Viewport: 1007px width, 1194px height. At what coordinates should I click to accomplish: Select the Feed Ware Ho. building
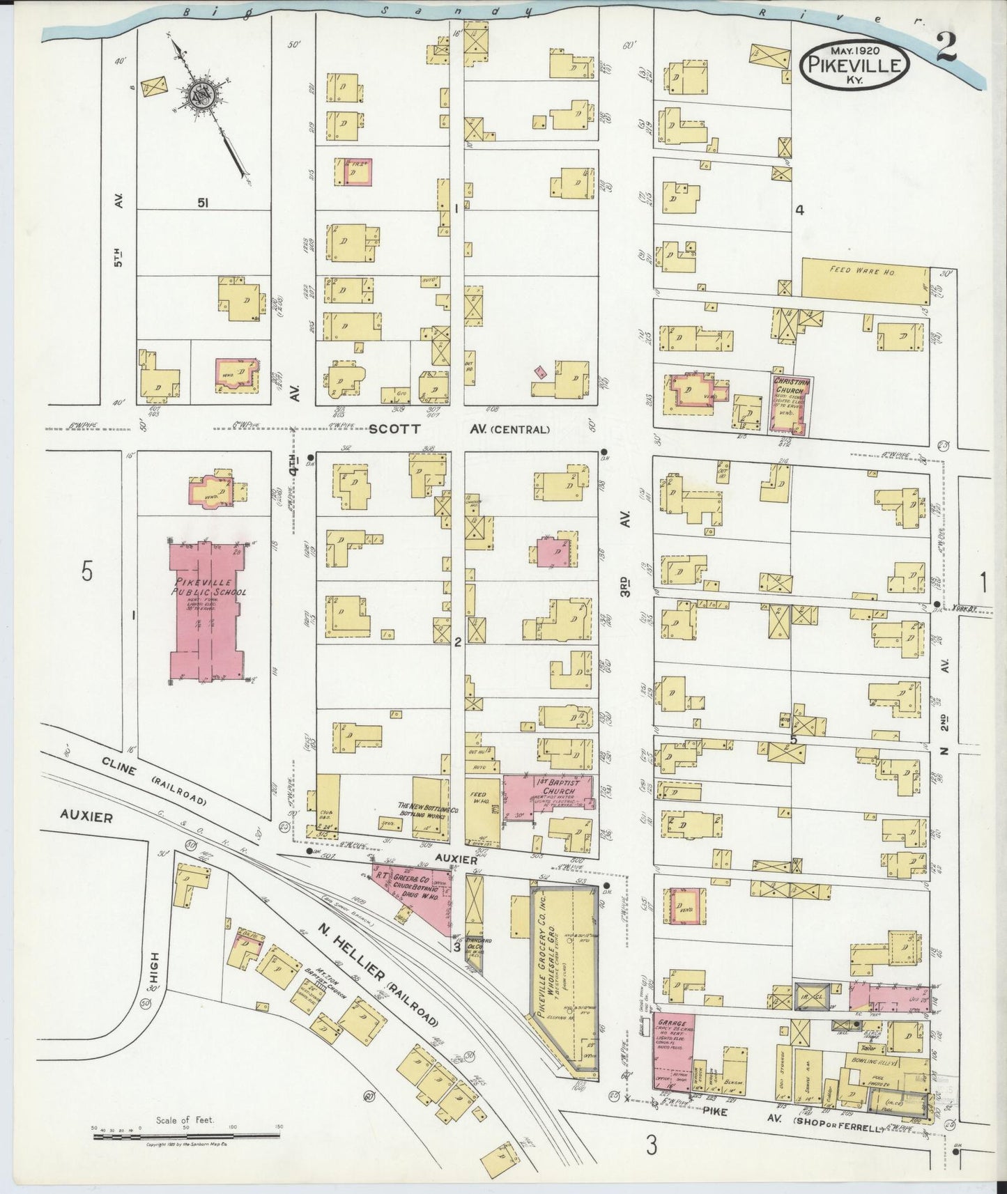(x=864, y=277)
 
